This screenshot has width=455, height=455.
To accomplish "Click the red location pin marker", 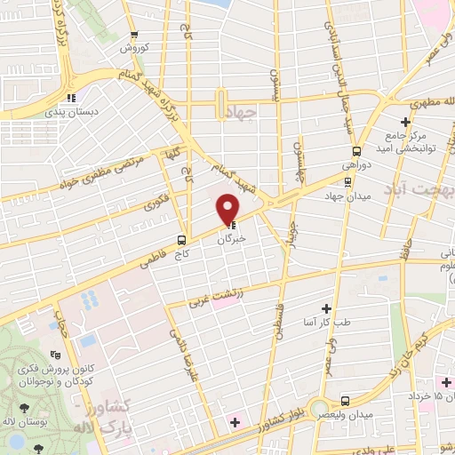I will coord(228,207).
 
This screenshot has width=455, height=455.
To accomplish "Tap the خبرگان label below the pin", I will coord(232,238).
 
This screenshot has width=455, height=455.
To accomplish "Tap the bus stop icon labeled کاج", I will coord(181,239).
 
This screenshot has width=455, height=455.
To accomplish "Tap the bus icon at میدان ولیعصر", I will coord(346,402).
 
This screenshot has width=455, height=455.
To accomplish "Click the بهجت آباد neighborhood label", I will coord(418,190).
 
